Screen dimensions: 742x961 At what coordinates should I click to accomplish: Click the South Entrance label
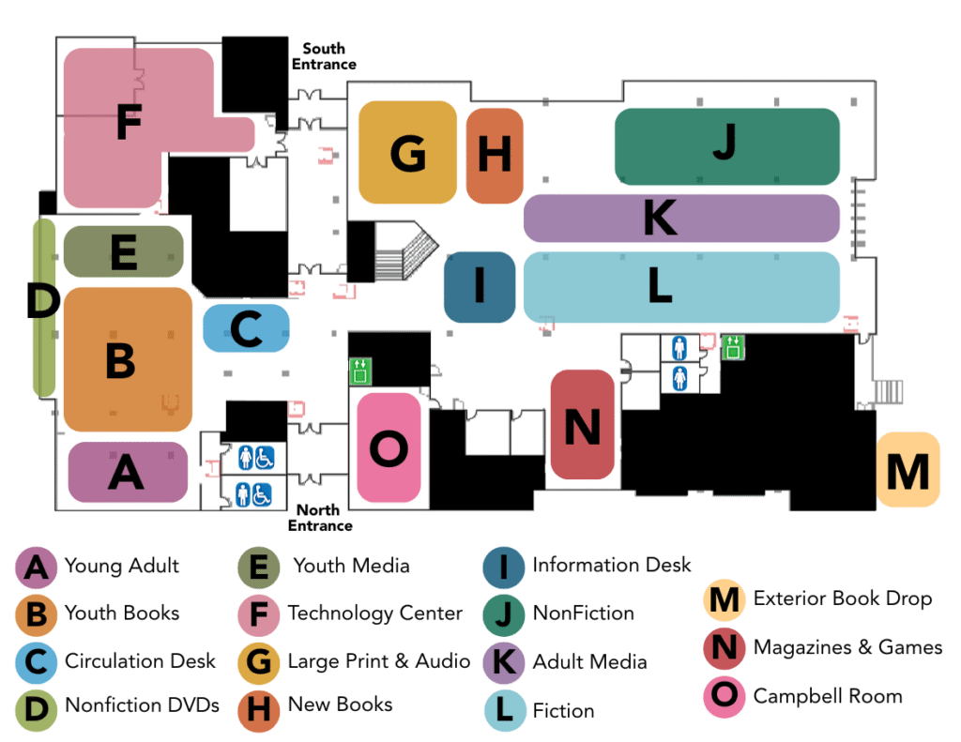point(323,56)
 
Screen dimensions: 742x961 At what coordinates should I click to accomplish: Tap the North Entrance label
point(319,518)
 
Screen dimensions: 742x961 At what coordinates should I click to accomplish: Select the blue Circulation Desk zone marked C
point(246,329)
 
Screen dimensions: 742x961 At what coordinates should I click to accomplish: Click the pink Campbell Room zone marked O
point(389,448)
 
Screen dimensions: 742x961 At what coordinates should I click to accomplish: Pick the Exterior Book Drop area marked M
point(908,470)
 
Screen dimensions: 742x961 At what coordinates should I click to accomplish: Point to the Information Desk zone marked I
point(480,286)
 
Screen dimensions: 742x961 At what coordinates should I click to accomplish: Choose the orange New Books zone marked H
point(494,155)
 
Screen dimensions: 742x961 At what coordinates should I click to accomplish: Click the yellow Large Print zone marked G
point(407,153)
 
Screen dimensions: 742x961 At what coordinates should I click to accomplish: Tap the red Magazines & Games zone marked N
point(582,425)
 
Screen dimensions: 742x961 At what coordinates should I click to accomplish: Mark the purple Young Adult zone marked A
point(128,472)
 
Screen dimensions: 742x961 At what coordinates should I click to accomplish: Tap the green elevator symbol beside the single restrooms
point(733,348)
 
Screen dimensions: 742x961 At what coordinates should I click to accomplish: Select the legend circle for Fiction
point(505,710)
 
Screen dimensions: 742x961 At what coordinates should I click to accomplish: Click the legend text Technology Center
point(374,613)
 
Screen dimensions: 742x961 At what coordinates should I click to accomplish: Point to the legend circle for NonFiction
point(505,614)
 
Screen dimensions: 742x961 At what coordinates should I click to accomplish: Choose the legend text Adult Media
point(589,662)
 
